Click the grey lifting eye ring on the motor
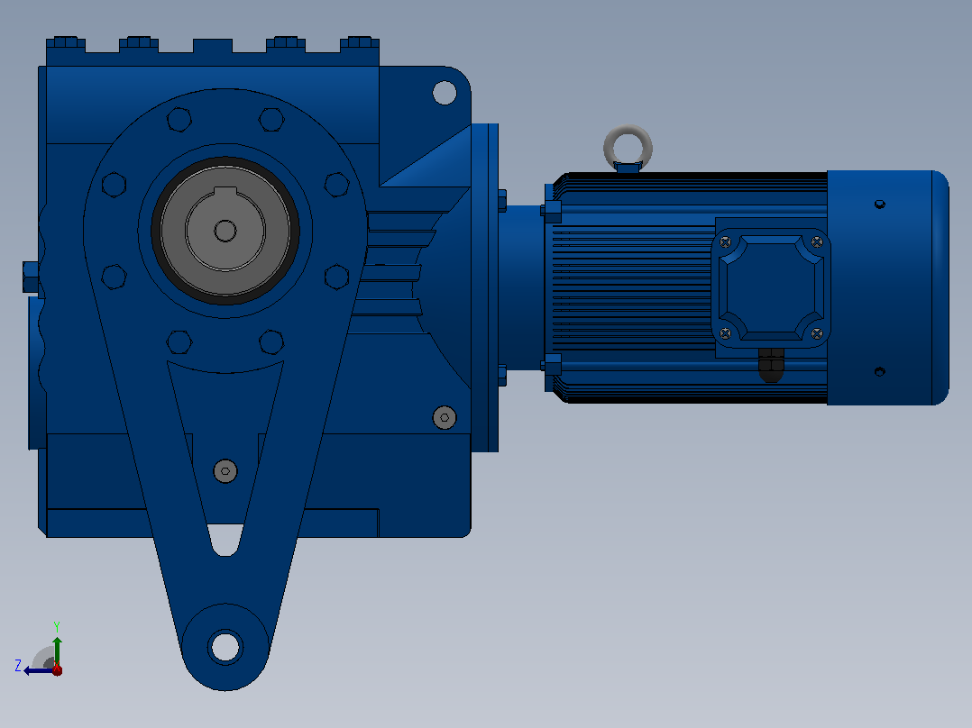click(x=628, y=132)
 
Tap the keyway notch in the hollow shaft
click(x=225, y=191)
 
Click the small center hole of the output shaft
click(x=225, y=231)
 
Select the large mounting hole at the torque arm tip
click(x=225, y=647)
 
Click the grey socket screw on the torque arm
click(x=225, y=471)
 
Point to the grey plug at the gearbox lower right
click(x=445, y=417)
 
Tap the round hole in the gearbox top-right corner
click(x=445, y=93)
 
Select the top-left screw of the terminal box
click(x=725, y=241)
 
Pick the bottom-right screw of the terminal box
click(x=817, y=334)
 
